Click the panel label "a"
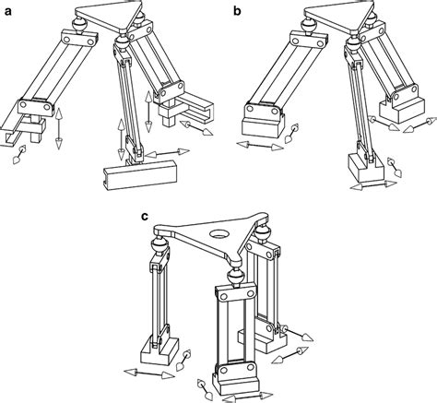pyautogui.click(x=6, y=10)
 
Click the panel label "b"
pyautogui.click(x=239, y=10)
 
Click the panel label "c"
pyautogui.click(x=144, y=218)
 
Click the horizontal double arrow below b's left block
pyautogui.click(x=260, y=146)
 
